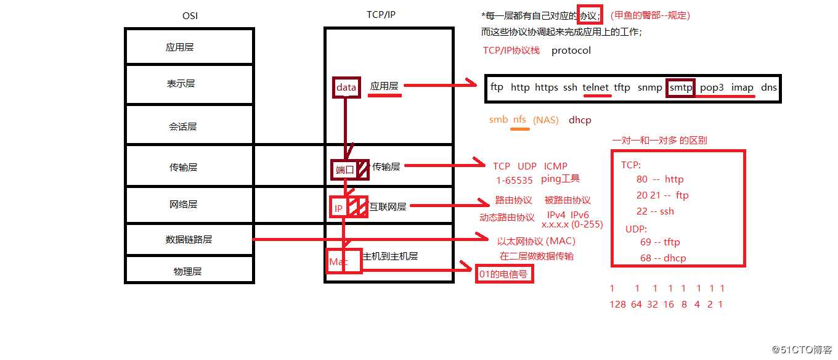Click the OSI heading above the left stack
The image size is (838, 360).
pyautogui.click(x=189, y=15)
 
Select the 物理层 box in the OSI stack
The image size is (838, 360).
pyautogui.click(x=189, y=271)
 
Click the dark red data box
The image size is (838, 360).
pyautogui.click(x=346, y=88)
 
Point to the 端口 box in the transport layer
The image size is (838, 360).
pyautogui.click(x=344, y=170)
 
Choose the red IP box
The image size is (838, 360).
pyautogui.click(x=338, y=208)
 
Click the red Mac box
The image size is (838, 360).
pyautogui.click(x=338, y=262)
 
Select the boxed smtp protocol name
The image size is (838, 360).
pyautogui.click(x=681, y=88)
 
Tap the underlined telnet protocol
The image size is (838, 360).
pyautogui.click(x=595, y=88)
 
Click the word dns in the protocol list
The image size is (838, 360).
pyautogui.click(x=768, y=88)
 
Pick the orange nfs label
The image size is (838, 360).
pyautogui.click(x=519, y=120)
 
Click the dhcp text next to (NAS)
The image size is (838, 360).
pyautogui.click(x=580, y=120)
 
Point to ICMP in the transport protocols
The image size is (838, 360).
pyautogui.click(x=555, y=166)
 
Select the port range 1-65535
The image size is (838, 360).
pyautogui.click(x=515, y=181)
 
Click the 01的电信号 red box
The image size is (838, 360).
pyautogui.click(x=504, y=274)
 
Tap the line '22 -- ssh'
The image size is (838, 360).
pyautogui.click(x=655, y=211)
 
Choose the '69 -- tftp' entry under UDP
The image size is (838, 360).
pyautogui.click(x=660, y=242)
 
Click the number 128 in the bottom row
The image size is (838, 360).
pyautogui.click(x=617, y=304)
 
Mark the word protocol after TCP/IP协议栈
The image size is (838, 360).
pyautogui.click(x=571, y=51)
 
